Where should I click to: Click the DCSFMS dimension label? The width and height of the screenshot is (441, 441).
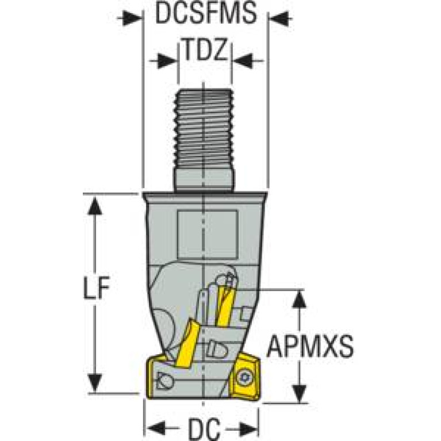coord(206,13)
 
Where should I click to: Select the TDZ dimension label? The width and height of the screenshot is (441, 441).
coord(205,49)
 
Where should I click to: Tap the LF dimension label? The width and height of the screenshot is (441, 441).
coord(96,287)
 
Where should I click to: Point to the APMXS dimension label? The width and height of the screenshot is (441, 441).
coord(310,346)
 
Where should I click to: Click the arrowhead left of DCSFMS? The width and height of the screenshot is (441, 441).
coord(132,19)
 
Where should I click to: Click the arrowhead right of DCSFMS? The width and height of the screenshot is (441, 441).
coord(279,19)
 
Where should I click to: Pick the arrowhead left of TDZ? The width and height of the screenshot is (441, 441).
coord(167,61)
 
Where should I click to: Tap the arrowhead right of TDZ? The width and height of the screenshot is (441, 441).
coord(243,61)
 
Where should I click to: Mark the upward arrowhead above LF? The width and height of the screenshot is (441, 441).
coord(95,206)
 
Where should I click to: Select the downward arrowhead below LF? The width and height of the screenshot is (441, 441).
coord(95,382)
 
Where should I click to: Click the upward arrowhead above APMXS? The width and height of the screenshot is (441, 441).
coord(299,299)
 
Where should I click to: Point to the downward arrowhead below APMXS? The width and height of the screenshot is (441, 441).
coord(299,393)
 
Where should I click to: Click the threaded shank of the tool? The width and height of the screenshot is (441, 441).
coord(204,129)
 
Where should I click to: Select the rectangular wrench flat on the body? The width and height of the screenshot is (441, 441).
coord(208,234)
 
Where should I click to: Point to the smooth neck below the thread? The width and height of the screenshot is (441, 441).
coord(204,180)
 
